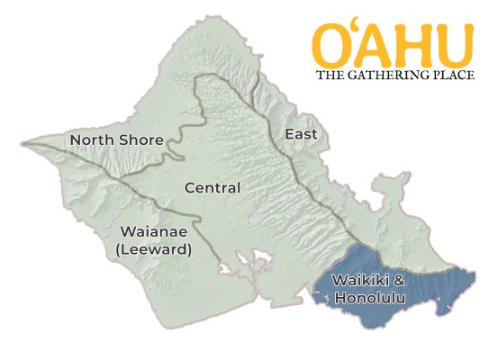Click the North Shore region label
(x=116, y=140)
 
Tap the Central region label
(x=212, y=188)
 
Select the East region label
(x=301, y=134)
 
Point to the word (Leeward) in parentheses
(x=153, y=249)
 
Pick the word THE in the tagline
(x=328, y=75)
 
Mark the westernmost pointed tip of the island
(x=23, y=142)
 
